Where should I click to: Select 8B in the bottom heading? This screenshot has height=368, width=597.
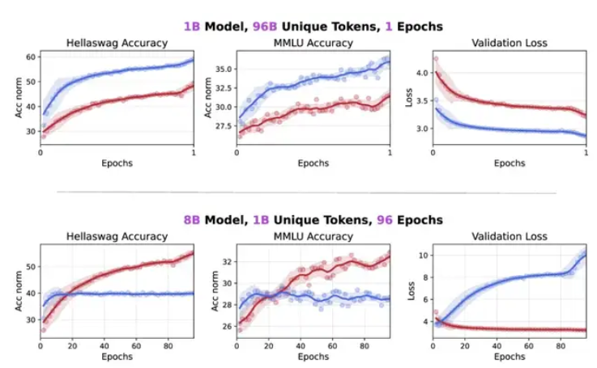[x=192, y=219]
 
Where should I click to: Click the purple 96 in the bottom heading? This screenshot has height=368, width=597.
[x=377, y=219]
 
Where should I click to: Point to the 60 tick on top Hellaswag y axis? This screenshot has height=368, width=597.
[x=31, y=56]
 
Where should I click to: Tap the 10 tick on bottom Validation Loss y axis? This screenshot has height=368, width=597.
[x=421, y=256]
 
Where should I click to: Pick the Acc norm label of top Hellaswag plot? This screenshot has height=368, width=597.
[x=18, y=100]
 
